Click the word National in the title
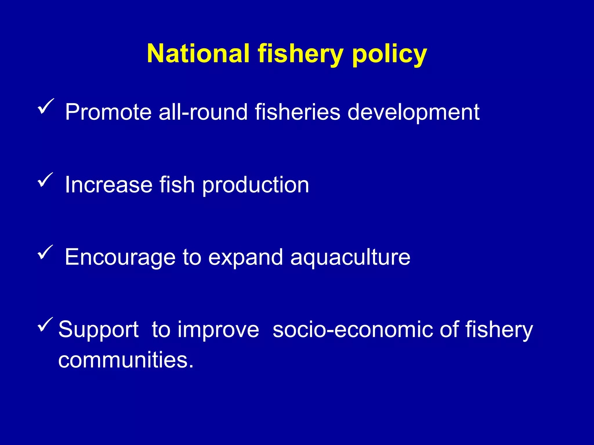pos(198,54)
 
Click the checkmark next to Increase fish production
pos(46,180)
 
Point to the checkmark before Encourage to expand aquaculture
pos(46,252)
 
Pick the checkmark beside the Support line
pos(46,324)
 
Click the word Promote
pos(108,112)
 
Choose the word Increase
pos(108,185)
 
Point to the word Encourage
pos(120,258)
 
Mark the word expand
pos(245,258)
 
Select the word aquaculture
pos(350,258)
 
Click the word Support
pos(98,330)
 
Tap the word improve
pos(218,330)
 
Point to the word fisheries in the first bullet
pos(297,112)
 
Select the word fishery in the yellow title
pos(300,54)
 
